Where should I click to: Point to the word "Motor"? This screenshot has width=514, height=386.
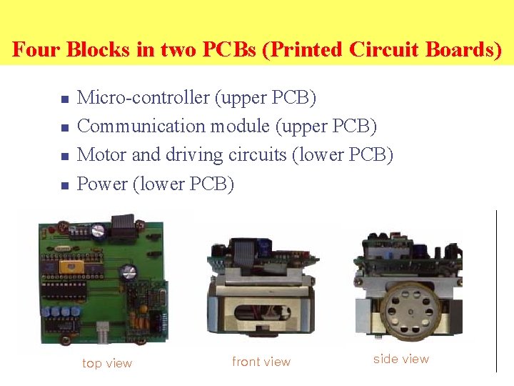click(x=101, y=154)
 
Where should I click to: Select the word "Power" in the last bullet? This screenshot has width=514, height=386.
click(x=102, y=184)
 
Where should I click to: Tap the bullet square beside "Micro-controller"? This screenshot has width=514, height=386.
click(x=64, y=99)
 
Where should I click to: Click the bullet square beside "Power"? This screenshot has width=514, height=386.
click(x=64, y=186)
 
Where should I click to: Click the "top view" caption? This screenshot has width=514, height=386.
click(x=107, y=363)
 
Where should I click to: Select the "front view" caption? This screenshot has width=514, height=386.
click(x=261, y=362)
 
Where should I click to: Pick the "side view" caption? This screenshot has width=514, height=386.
click(x=401, y=359)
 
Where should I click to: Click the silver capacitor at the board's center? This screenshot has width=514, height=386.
click(x=130, y=272)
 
